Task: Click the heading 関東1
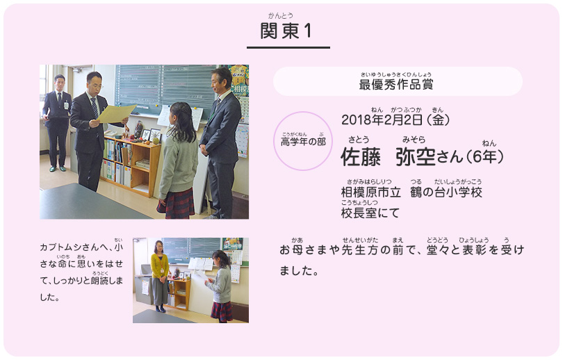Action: point(286,31)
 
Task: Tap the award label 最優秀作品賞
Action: point(396,84)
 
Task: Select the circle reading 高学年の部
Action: point(303,141)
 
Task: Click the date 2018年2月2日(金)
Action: point(395,120)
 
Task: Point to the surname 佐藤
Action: point(361,157)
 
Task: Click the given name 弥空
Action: point(416,157)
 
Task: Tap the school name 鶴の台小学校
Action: point(446,192)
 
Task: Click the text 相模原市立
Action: point(371,192)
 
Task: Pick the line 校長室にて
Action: point(370,213)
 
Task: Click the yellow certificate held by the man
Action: point(115,114)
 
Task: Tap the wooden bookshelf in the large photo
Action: point(131,165)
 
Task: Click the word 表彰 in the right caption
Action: point(473,249)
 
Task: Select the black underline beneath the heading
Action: point(288,47)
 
